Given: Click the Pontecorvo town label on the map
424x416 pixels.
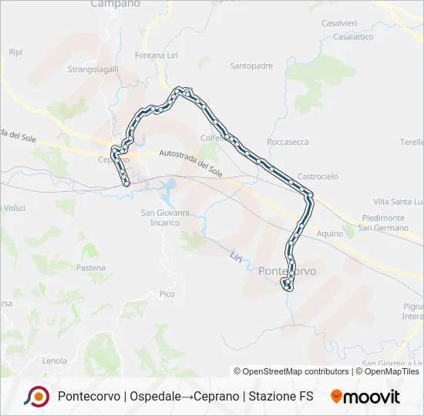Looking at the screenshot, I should (x=288, y=270).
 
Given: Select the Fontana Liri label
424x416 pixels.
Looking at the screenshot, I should (x=156, y=55).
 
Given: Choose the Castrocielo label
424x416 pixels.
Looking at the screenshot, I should (x=318, y=176).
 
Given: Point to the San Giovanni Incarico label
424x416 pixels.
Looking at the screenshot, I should (x=160, y=217).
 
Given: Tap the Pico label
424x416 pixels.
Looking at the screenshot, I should (x=167, y=294).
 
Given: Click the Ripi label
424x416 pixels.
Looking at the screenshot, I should (x=15, y=52).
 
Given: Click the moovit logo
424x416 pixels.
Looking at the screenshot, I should (x=365, y=397).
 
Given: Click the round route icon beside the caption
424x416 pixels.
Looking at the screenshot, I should (x=36, y=396).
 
